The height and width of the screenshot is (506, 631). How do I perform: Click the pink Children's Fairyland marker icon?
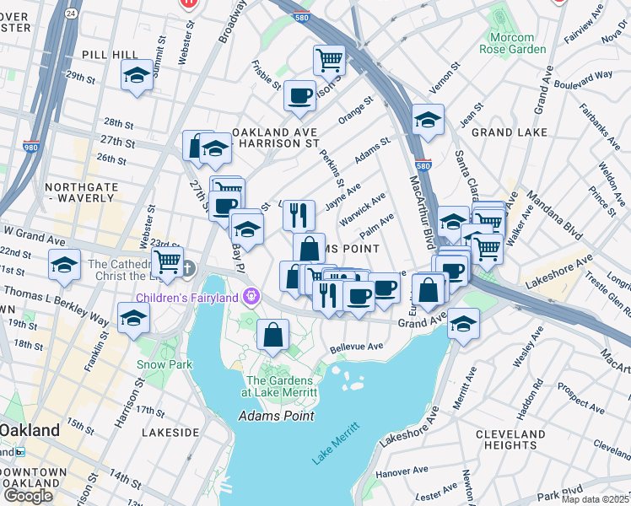click(x=250, y=297)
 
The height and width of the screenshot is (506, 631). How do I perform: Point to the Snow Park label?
click(x=164, y=364)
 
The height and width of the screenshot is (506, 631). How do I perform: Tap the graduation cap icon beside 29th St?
click(x=137, y=75)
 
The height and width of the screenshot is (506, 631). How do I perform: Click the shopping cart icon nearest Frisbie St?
click(x=329, y=59)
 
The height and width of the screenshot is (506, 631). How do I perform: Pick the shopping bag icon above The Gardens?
click(x=273, y=334)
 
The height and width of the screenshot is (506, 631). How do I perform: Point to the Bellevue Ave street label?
click(x=357, y=346)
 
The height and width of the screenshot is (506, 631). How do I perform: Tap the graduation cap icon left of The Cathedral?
click(x=65, y=265)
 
